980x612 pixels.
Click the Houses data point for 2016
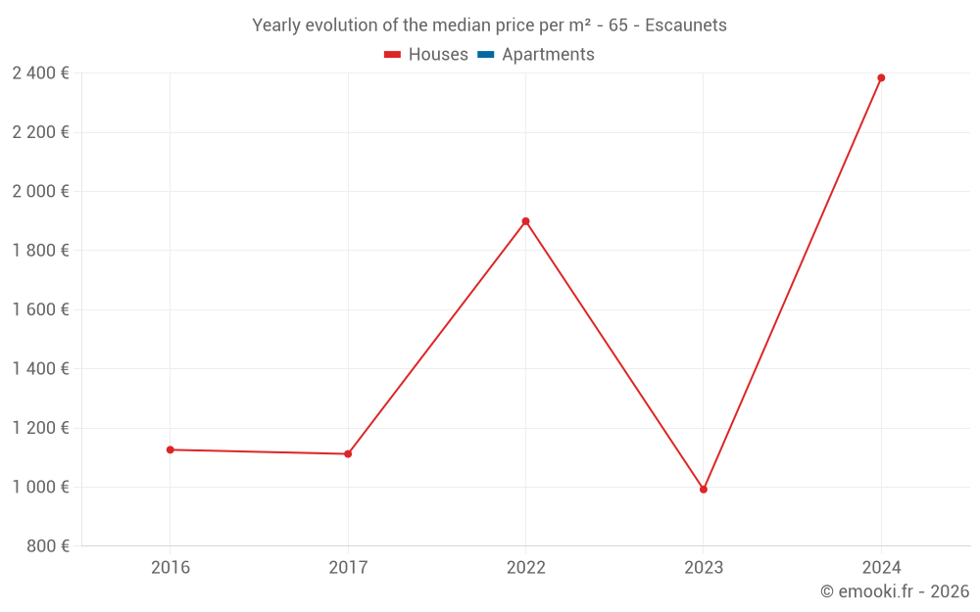click(171, 449)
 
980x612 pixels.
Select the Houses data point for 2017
click(348, 453)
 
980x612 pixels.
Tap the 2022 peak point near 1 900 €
click(525, 221)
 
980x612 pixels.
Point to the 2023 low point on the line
click(704, 490)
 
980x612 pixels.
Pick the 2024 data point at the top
click(881, 77)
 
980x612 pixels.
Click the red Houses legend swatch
click(392, 55)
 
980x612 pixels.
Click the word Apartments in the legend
click(548, 55)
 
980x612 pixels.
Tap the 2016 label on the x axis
click(171, 567)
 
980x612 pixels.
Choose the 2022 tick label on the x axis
click(525, 567)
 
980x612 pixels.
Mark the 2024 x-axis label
click(881, 567)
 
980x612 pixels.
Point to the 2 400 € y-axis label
click(40, 72)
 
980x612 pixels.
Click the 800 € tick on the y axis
click(48, 546)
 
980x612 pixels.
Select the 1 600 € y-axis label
click(40, 309)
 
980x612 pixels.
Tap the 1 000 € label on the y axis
click(40, 487)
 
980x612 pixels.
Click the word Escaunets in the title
click(686, 25)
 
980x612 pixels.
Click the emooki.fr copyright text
click(895, 591)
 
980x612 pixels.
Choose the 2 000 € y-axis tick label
click(40, 191)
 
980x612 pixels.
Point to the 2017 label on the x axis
click(348, 567)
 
